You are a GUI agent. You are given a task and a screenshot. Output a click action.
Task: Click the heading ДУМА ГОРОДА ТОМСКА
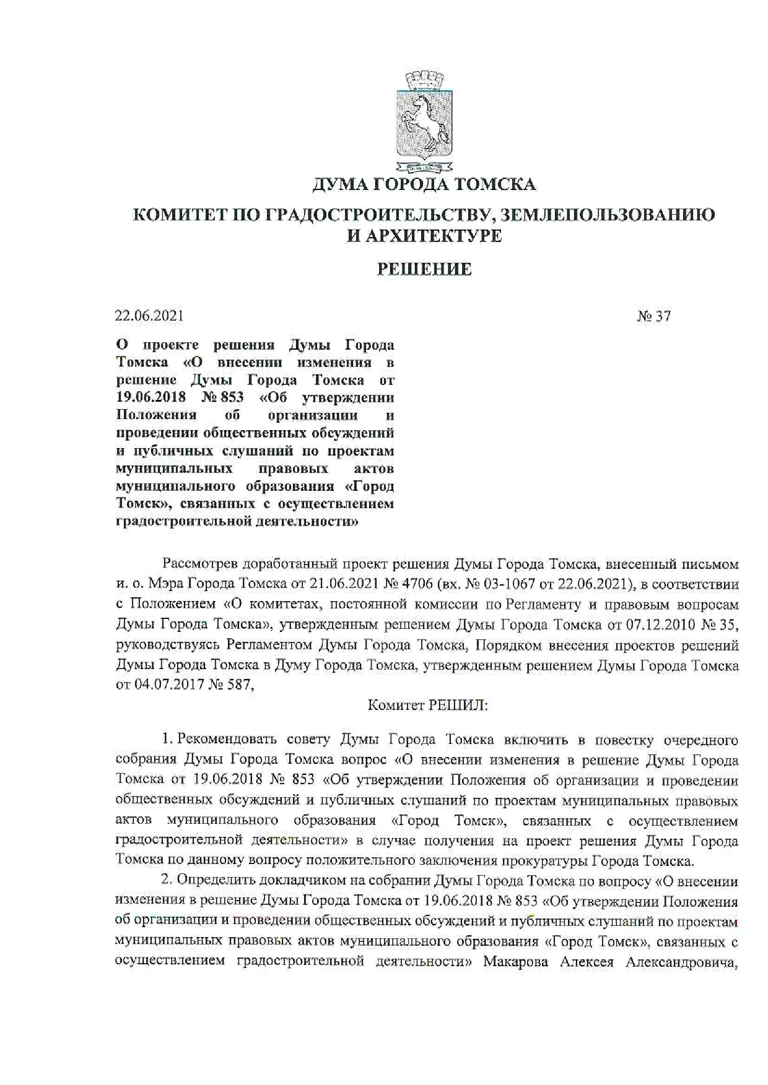(424, 184)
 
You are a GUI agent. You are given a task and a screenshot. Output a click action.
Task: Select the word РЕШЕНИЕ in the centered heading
(424, 269)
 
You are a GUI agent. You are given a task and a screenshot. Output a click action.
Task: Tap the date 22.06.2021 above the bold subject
(149, 316)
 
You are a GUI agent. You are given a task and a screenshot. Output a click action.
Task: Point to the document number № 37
(653, 316)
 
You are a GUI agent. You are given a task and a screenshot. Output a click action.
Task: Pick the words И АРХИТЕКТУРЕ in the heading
(424, 236)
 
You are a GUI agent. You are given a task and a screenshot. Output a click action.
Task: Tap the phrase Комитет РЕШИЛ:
(427, 706)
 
